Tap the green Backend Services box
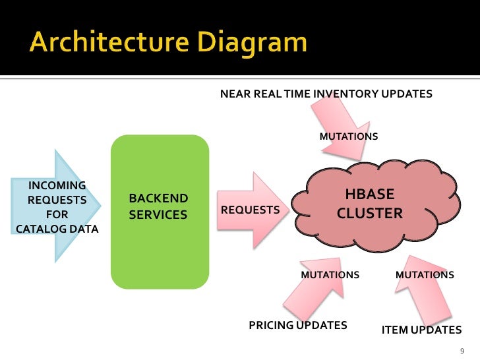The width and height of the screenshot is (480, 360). point(160,244)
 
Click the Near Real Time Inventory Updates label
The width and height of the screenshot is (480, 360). point(326,94)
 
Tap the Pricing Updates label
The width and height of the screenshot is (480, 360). point(297,325)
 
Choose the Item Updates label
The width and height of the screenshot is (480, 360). point(421,330)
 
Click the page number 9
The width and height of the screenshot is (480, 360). point(462,350)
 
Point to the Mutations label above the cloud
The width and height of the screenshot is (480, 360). point(349,136)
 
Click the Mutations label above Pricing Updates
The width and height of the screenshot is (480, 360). point(330,275)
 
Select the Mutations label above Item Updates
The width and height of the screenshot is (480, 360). point(425,275)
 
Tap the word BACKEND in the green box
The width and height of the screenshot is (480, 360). point(158,198)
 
